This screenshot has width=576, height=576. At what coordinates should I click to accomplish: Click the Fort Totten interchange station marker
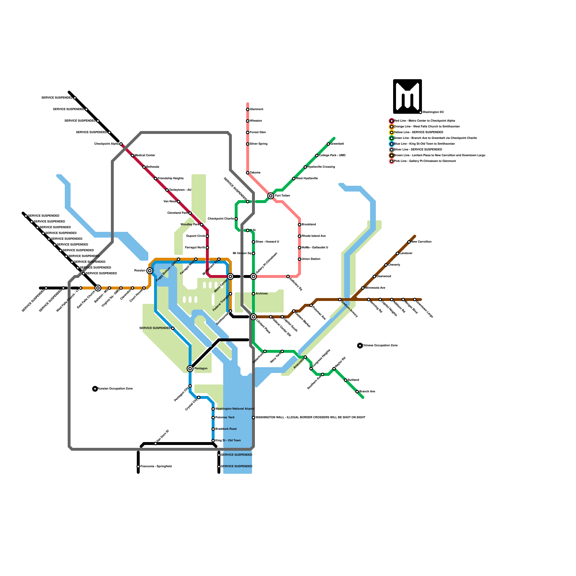(271, 196)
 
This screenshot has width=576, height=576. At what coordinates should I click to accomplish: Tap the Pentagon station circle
(190, 369)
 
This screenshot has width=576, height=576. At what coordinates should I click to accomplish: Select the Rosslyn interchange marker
(150, 271)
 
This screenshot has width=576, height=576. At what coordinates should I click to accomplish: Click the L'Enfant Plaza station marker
(253, 317)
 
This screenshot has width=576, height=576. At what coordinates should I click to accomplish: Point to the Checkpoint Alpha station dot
(121, 144)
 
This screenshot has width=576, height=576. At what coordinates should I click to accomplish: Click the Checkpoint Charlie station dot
(236, 219)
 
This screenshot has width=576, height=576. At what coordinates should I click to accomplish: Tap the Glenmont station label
(257, 109)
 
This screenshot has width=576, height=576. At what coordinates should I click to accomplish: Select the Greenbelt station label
(337, 144)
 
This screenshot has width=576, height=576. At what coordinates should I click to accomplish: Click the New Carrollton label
(421, 242)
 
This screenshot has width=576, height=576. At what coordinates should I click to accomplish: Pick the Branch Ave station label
(367, 392)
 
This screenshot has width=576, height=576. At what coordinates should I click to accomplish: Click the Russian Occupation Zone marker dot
(95, 389)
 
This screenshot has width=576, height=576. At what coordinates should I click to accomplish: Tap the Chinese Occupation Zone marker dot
(360, 346)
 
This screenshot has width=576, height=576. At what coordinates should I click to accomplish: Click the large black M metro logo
(407, 96)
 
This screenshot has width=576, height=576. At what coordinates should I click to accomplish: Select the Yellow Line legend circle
(392, 132)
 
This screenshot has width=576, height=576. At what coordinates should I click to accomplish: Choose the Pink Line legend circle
(392, 161)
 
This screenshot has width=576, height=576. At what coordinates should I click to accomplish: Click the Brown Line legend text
(440, 156)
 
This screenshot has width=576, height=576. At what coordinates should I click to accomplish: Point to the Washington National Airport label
(235, 409)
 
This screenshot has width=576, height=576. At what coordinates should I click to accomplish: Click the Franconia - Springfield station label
(156, 467)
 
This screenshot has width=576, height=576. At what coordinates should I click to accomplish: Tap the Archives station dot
(253, 294)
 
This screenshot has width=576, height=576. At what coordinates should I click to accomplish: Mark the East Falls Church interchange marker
(98, 288)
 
